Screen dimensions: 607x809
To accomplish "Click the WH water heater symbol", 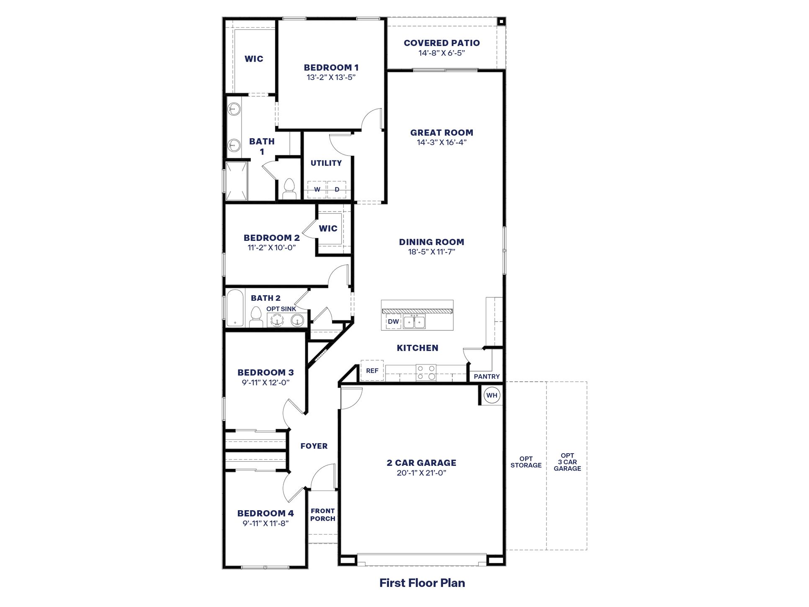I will [492, 395].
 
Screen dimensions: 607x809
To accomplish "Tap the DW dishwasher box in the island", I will [393, 322].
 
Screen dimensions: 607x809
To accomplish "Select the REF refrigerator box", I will [372, 371].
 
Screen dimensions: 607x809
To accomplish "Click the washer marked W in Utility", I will [317, 189].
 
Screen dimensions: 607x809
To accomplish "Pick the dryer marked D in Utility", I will [337, 189].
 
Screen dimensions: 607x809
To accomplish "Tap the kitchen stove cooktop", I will [426, 372].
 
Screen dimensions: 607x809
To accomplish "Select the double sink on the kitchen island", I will [414, 322].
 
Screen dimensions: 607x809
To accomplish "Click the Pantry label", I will [487, 377].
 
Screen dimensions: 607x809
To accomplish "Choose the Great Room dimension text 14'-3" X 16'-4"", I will [441, 142].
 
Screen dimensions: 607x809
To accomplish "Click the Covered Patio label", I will [442, 43].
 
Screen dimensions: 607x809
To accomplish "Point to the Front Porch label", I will [322, 515].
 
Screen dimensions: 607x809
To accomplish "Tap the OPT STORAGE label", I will [526, 462].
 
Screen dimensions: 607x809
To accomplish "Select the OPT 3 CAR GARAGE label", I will [567, 462].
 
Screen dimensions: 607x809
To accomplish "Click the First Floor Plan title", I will [422, 583].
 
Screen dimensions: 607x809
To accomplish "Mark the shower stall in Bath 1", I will [237, 181].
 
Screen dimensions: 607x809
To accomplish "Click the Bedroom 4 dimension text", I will [265, 523].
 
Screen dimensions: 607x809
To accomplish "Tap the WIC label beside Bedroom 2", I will [328, 229].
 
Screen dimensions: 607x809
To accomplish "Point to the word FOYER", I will [314, 446].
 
